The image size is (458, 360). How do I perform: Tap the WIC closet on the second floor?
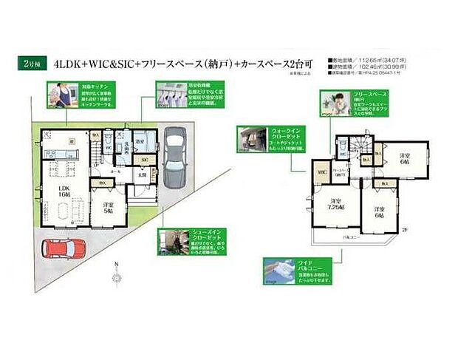pos(321,174)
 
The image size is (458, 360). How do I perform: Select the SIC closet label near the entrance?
pos(145,160)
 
